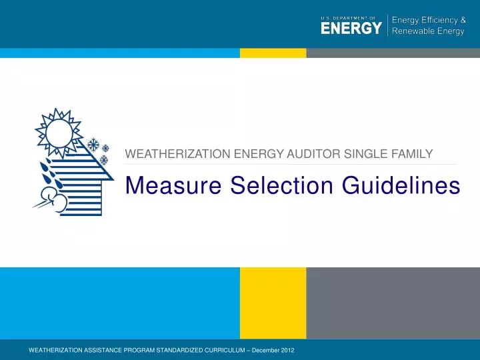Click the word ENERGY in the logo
point(351,29)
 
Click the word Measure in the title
point(173,185)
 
